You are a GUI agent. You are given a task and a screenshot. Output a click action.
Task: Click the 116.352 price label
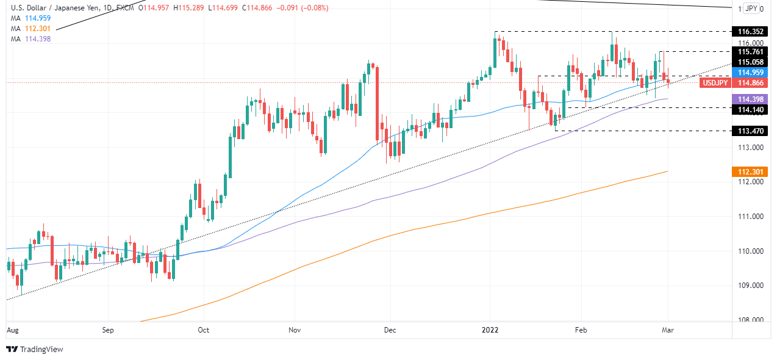751,31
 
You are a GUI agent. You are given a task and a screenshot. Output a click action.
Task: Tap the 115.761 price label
751,52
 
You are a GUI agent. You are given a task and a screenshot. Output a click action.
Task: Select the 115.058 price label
751,62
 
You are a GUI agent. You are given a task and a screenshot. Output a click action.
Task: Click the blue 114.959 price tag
751,73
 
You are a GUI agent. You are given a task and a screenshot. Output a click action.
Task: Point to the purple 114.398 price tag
751,99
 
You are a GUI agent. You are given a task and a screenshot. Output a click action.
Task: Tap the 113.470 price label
751,131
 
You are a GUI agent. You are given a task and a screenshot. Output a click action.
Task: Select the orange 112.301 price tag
751,171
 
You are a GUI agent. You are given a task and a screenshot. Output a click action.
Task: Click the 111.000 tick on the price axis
751,217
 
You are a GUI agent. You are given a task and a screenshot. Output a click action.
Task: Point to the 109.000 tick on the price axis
751,286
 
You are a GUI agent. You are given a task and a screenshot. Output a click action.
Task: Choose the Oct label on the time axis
204,330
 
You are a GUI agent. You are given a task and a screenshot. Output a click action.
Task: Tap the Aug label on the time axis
12,330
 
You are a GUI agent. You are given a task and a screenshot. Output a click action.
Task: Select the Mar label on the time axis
668,330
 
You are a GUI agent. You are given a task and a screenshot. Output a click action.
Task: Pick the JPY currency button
752,9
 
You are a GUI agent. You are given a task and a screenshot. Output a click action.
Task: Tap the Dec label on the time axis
390,330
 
